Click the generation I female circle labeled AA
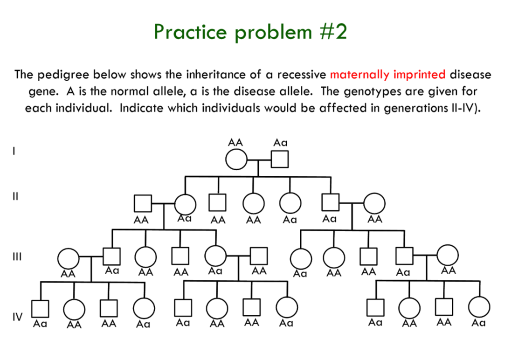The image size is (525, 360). pos(236,161)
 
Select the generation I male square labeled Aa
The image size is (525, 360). pos(280,161)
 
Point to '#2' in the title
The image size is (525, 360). pos(332,32)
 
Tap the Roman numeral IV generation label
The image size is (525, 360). pos(17,317)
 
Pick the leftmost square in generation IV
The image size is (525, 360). pos(40,308)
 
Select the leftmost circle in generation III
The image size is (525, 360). pos(68,258)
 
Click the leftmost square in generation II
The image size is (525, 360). pos(143,204)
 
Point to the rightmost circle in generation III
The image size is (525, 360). pos(448,256)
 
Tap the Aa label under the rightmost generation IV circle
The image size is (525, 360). pos(478,323)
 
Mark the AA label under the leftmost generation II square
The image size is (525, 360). pos(141,220)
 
